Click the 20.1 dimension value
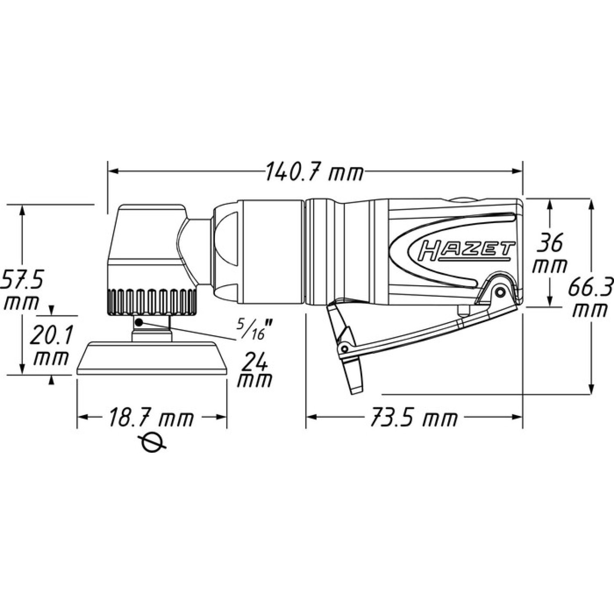52,336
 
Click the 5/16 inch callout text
254,330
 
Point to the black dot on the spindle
139,323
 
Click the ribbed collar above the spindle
151,302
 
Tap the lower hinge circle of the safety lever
344,348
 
